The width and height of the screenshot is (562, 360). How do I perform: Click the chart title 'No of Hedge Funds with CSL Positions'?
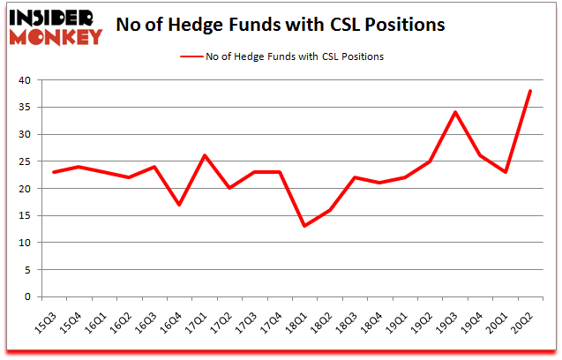(x=281, y=25)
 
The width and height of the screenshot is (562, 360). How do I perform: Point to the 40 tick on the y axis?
(x=24, y=80)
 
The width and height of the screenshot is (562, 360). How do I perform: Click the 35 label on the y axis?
(x=24, y=108)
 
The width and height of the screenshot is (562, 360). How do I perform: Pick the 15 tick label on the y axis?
(x=24, y=216)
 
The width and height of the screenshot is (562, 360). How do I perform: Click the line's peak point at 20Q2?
(x=530, y=91)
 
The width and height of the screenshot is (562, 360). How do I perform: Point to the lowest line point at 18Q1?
(x=305, y=226)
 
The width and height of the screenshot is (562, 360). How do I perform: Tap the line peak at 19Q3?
(x=455, y=112)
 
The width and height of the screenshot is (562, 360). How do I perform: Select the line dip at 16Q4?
(x=180, y=205)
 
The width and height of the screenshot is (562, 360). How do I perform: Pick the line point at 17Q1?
(x=205, y=155)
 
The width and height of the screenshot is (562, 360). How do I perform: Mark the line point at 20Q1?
(x=506, y=172)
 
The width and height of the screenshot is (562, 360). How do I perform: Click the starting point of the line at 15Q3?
(x=55, y=172)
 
